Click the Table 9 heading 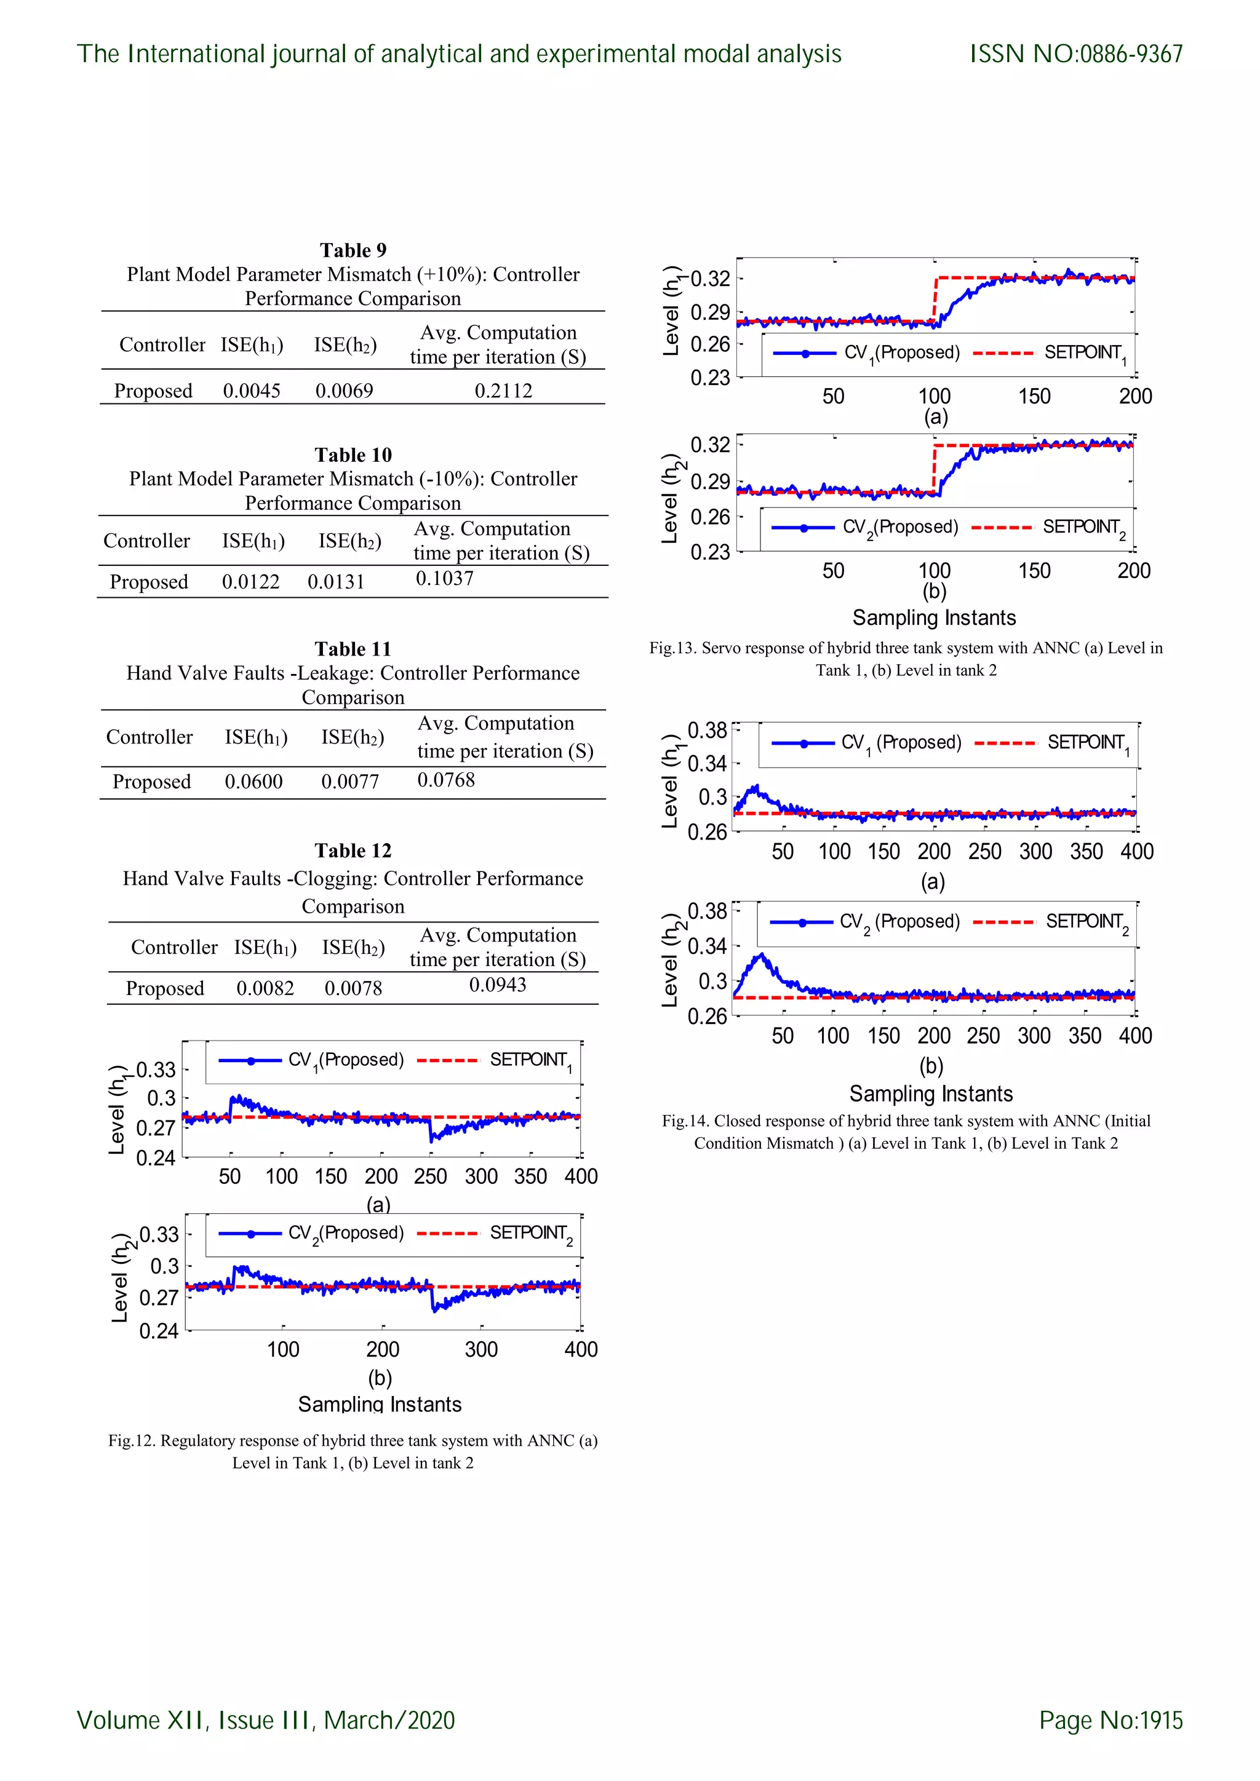353,250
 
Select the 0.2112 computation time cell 503,391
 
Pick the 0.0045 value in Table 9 252,391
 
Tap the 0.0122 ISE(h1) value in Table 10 250,582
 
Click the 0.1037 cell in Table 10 445,579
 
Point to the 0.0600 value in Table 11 253,782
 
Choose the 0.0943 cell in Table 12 497,985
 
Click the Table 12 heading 353,851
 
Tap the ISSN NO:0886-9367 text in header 1076,54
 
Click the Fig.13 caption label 672,648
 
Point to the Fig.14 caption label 685,1121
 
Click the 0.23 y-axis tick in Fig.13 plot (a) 710,378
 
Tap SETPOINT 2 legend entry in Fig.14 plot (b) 1087,922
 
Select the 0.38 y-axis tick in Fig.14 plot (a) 707,731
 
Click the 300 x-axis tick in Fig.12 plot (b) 481,1350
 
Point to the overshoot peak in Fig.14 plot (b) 762,956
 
